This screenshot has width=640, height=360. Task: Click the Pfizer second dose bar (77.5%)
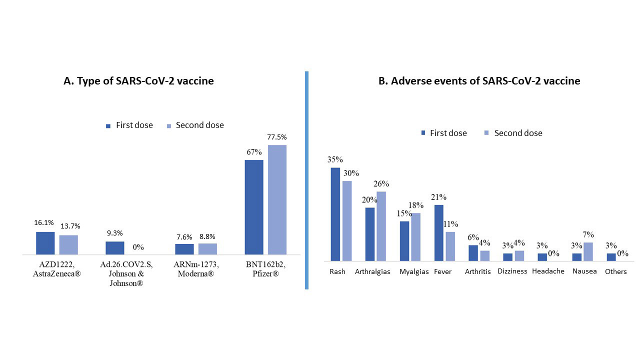[277, 199]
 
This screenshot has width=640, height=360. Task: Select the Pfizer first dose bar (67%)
[254, 207]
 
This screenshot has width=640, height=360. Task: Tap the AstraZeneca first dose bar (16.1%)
[45, 243]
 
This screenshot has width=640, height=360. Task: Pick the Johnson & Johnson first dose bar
[114, 248]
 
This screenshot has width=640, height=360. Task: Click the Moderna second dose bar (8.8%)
[207, 249]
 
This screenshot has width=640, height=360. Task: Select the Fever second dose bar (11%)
[450, 246]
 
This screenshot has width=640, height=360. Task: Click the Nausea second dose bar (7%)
[588, 251]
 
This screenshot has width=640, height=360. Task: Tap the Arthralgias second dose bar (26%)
[381, 226]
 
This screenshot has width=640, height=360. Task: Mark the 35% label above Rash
[335, 160]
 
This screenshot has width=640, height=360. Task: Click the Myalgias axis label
[414, 271]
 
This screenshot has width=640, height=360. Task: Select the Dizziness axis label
[512, 271]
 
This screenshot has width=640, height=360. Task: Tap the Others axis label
[615, 271]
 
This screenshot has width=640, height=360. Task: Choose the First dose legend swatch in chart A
[108, 126]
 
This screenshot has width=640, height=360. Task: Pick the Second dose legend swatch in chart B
[486, 133]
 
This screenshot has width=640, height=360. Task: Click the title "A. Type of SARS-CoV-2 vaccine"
[139, 81]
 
